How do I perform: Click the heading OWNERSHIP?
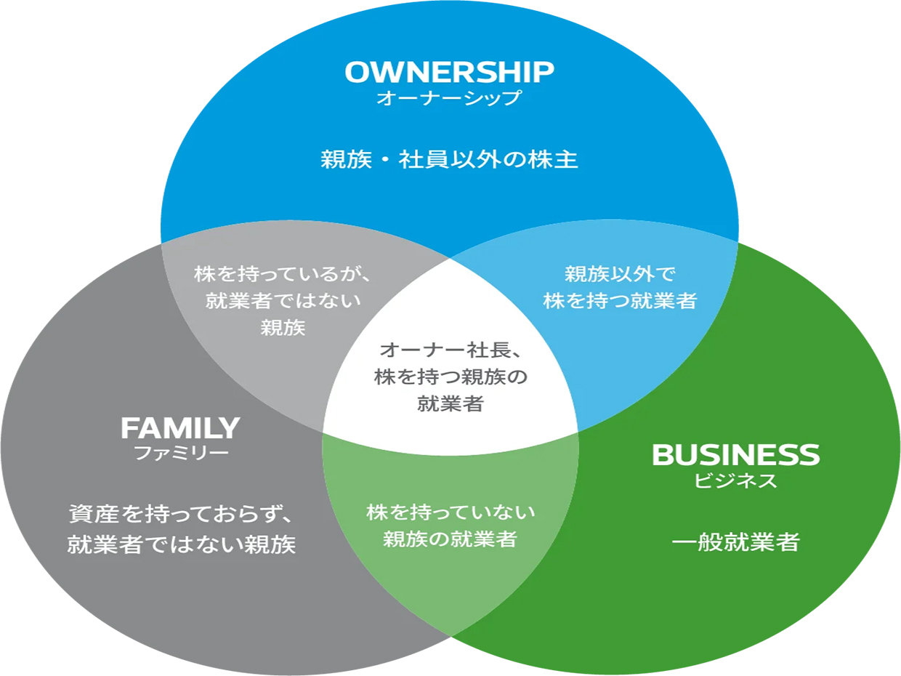[449, 72]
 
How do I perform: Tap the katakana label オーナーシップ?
[449, 98]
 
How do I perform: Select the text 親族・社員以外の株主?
[449, 160]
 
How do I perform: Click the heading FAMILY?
[180, 428]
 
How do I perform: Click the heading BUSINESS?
[735, 455]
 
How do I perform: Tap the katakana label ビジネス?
[735, 480]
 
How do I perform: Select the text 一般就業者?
[735, 542]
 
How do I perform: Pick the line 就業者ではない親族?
[182, 544]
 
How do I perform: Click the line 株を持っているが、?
[283, 275]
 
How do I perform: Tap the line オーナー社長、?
[450, 350]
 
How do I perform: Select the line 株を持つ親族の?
[450, 377]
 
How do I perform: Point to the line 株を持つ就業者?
[620, 301]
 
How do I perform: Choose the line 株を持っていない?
[450, 512]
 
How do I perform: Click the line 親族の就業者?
[450, 539]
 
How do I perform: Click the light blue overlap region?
[639, 342]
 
